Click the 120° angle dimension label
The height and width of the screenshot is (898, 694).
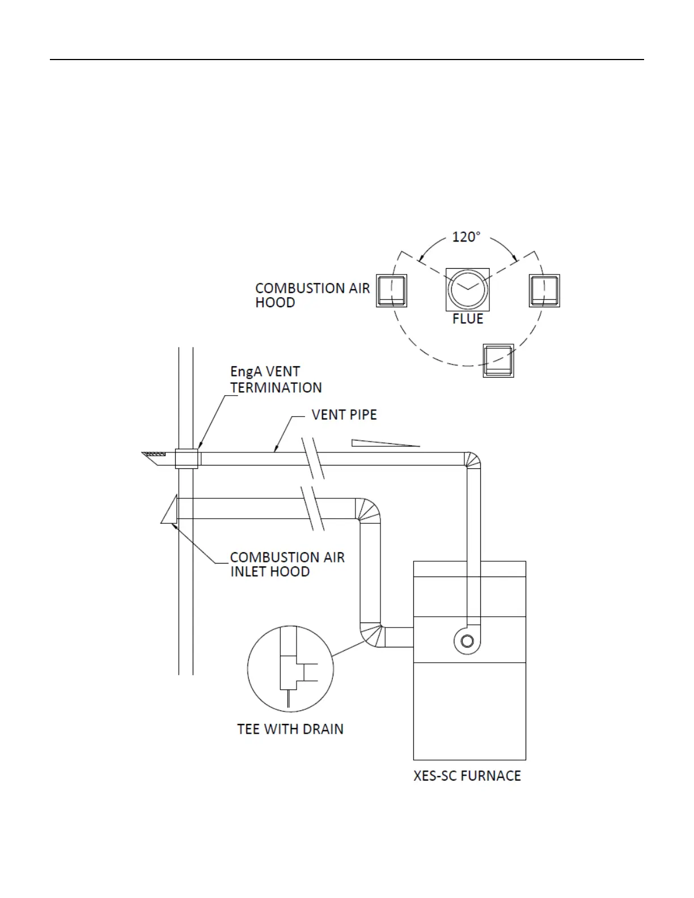pyautogui.click(x=466, y=237)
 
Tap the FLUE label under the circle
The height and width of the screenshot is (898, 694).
pyautogui.click(x=468, y=319)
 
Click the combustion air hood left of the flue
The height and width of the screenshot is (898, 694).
pyautogui.click(x=392, y=291)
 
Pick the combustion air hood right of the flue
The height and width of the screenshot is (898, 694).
pyautogui.click(x=544, y=291)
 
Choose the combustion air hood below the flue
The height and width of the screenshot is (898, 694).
pyautogui.click(x=498, y=361)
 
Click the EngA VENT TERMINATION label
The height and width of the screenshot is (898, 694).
pyautogui.click(x=276, y=379)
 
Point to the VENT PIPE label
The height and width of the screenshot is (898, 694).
pyautogui.click(x=344, y=415)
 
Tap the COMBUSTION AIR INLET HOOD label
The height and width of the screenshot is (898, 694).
pyautogui.click(x=287, y=564)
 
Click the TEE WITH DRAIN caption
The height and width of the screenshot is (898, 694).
pyautogui.click(x=290, y=729)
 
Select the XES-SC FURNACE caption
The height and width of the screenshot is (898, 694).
pyautogui.click(x=467, y=776)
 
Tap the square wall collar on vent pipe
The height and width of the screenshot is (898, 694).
pyautogui.click(x=187, y=459)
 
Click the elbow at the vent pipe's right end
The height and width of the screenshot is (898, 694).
pyautogui.click(x=472, y=460)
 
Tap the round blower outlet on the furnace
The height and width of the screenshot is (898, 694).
pyautogui.click(x=467, y=641)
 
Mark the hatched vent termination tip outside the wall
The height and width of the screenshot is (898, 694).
pyautogui.click(x=154, y=455)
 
